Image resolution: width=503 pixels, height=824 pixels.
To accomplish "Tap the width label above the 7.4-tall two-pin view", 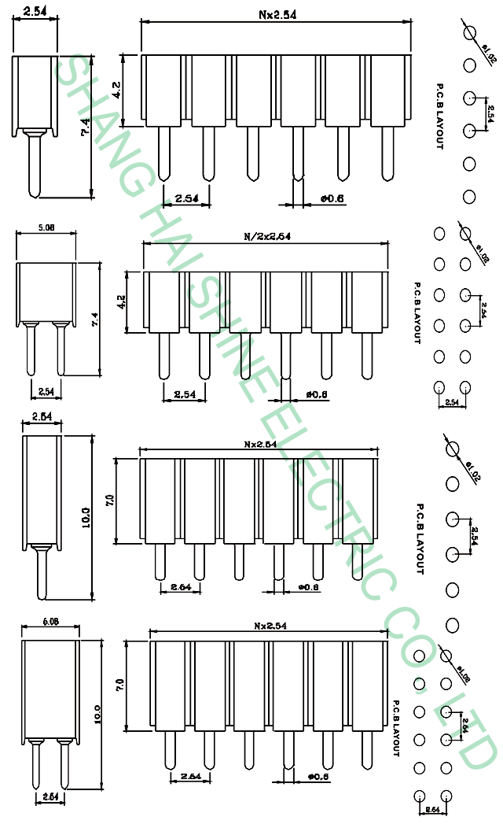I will pyautogui.click(x=46, y=228).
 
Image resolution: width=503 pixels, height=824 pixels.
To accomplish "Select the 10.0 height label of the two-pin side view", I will pyautogui.click(x=98, y=714).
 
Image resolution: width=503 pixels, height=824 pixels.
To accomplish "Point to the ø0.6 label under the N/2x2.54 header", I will pyautogui.click(x=317, y=394).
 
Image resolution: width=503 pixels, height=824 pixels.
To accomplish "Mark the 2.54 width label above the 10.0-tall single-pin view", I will pyautogui.click(x=42, y=416).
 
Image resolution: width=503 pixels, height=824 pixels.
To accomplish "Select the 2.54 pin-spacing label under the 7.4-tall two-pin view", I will pyautogui.click(x=46, y=390).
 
